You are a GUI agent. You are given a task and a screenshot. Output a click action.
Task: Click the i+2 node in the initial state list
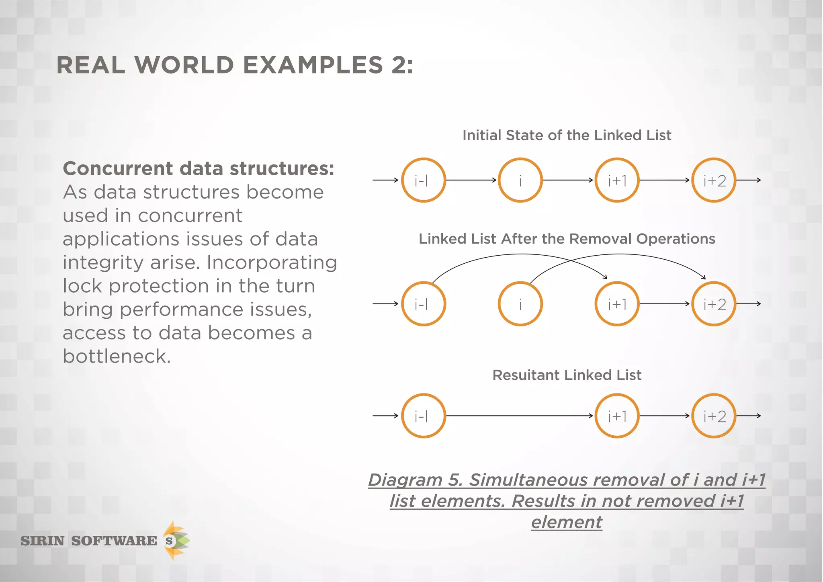click(714, 180)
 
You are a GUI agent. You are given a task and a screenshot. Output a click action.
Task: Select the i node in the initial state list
click(520, 180)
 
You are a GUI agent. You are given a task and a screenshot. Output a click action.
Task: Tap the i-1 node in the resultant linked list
click(424, 416)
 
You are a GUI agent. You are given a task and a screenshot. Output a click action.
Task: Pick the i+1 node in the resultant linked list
click(617, 416)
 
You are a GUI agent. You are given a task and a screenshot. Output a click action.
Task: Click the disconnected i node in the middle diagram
click(520, 304)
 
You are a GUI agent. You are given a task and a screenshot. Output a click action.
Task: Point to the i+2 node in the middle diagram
click(714, 304)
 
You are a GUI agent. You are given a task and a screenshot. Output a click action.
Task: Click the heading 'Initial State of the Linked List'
click(567, 135)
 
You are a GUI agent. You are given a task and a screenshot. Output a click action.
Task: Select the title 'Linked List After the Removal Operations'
click(567, 239)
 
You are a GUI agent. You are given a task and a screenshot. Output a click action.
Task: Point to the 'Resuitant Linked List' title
click(567, 375)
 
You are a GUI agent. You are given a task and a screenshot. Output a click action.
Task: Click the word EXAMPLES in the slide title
click(313, 65)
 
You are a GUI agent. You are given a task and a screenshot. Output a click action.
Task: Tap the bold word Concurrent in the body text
click(117, 168)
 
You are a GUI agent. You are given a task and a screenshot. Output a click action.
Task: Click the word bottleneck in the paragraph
click(117, 356)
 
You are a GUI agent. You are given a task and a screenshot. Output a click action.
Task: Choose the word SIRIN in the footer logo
click(43, 541)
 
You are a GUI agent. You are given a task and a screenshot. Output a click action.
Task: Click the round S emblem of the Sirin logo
click(170, 541)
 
